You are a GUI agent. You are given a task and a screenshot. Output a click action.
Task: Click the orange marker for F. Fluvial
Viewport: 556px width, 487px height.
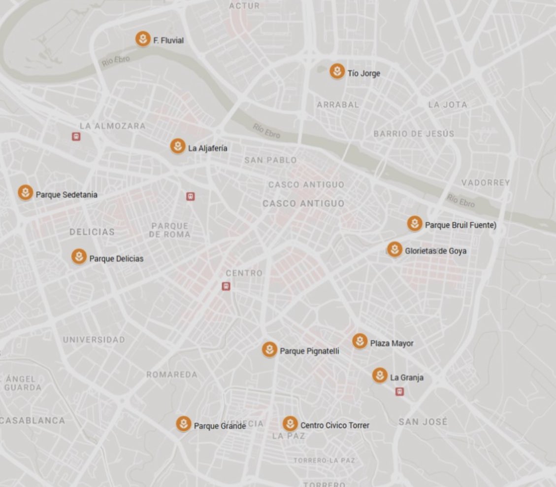pos(143,39)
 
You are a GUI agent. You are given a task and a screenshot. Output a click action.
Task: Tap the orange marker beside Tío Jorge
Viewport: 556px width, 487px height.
pos(337,71)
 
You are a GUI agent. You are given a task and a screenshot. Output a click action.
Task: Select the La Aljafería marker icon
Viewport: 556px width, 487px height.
pos(177,146)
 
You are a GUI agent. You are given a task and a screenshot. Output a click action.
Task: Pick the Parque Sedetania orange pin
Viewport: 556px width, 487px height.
pos(26,193)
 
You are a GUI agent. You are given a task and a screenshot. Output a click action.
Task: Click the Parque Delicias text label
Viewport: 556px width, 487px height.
pos(116,259)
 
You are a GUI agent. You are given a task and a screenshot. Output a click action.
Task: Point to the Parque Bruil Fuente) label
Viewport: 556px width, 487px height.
pos(460,225)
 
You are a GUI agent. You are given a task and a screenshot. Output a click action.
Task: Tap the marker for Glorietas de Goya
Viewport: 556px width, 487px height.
pos(394,249)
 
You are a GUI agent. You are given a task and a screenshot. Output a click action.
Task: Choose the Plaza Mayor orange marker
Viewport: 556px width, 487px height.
pos(360,341)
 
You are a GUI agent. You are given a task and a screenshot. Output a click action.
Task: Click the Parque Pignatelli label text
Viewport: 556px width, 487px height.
pos(309,351)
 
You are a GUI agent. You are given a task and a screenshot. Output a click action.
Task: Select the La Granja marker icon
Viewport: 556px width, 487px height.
pos(379,376)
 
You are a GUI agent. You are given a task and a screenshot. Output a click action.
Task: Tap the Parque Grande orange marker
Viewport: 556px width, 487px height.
pos(184,424)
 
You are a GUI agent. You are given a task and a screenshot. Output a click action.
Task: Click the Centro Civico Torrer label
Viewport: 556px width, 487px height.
pos(334,425)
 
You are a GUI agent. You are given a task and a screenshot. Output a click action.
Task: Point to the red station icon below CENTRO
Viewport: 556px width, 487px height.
pos(226,286)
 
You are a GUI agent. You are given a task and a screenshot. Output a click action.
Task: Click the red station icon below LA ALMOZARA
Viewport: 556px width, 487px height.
pos(76,137)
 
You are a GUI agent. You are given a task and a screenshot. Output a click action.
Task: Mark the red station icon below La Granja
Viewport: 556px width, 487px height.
pos(399,391)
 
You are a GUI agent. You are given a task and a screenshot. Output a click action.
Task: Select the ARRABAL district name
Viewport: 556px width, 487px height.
pos(337,105)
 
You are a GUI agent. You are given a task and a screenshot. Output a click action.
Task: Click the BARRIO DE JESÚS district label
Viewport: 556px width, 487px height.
pos(414,134)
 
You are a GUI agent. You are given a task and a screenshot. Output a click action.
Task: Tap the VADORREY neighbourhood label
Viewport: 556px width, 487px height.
pos(485,183)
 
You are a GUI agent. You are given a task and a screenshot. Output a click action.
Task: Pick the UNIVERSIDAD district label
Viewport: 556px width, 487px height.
pos(94,340)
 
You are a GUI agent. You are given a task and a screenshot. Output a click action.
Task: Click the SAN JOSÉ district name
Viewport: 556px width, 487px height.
pos(423,422)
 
